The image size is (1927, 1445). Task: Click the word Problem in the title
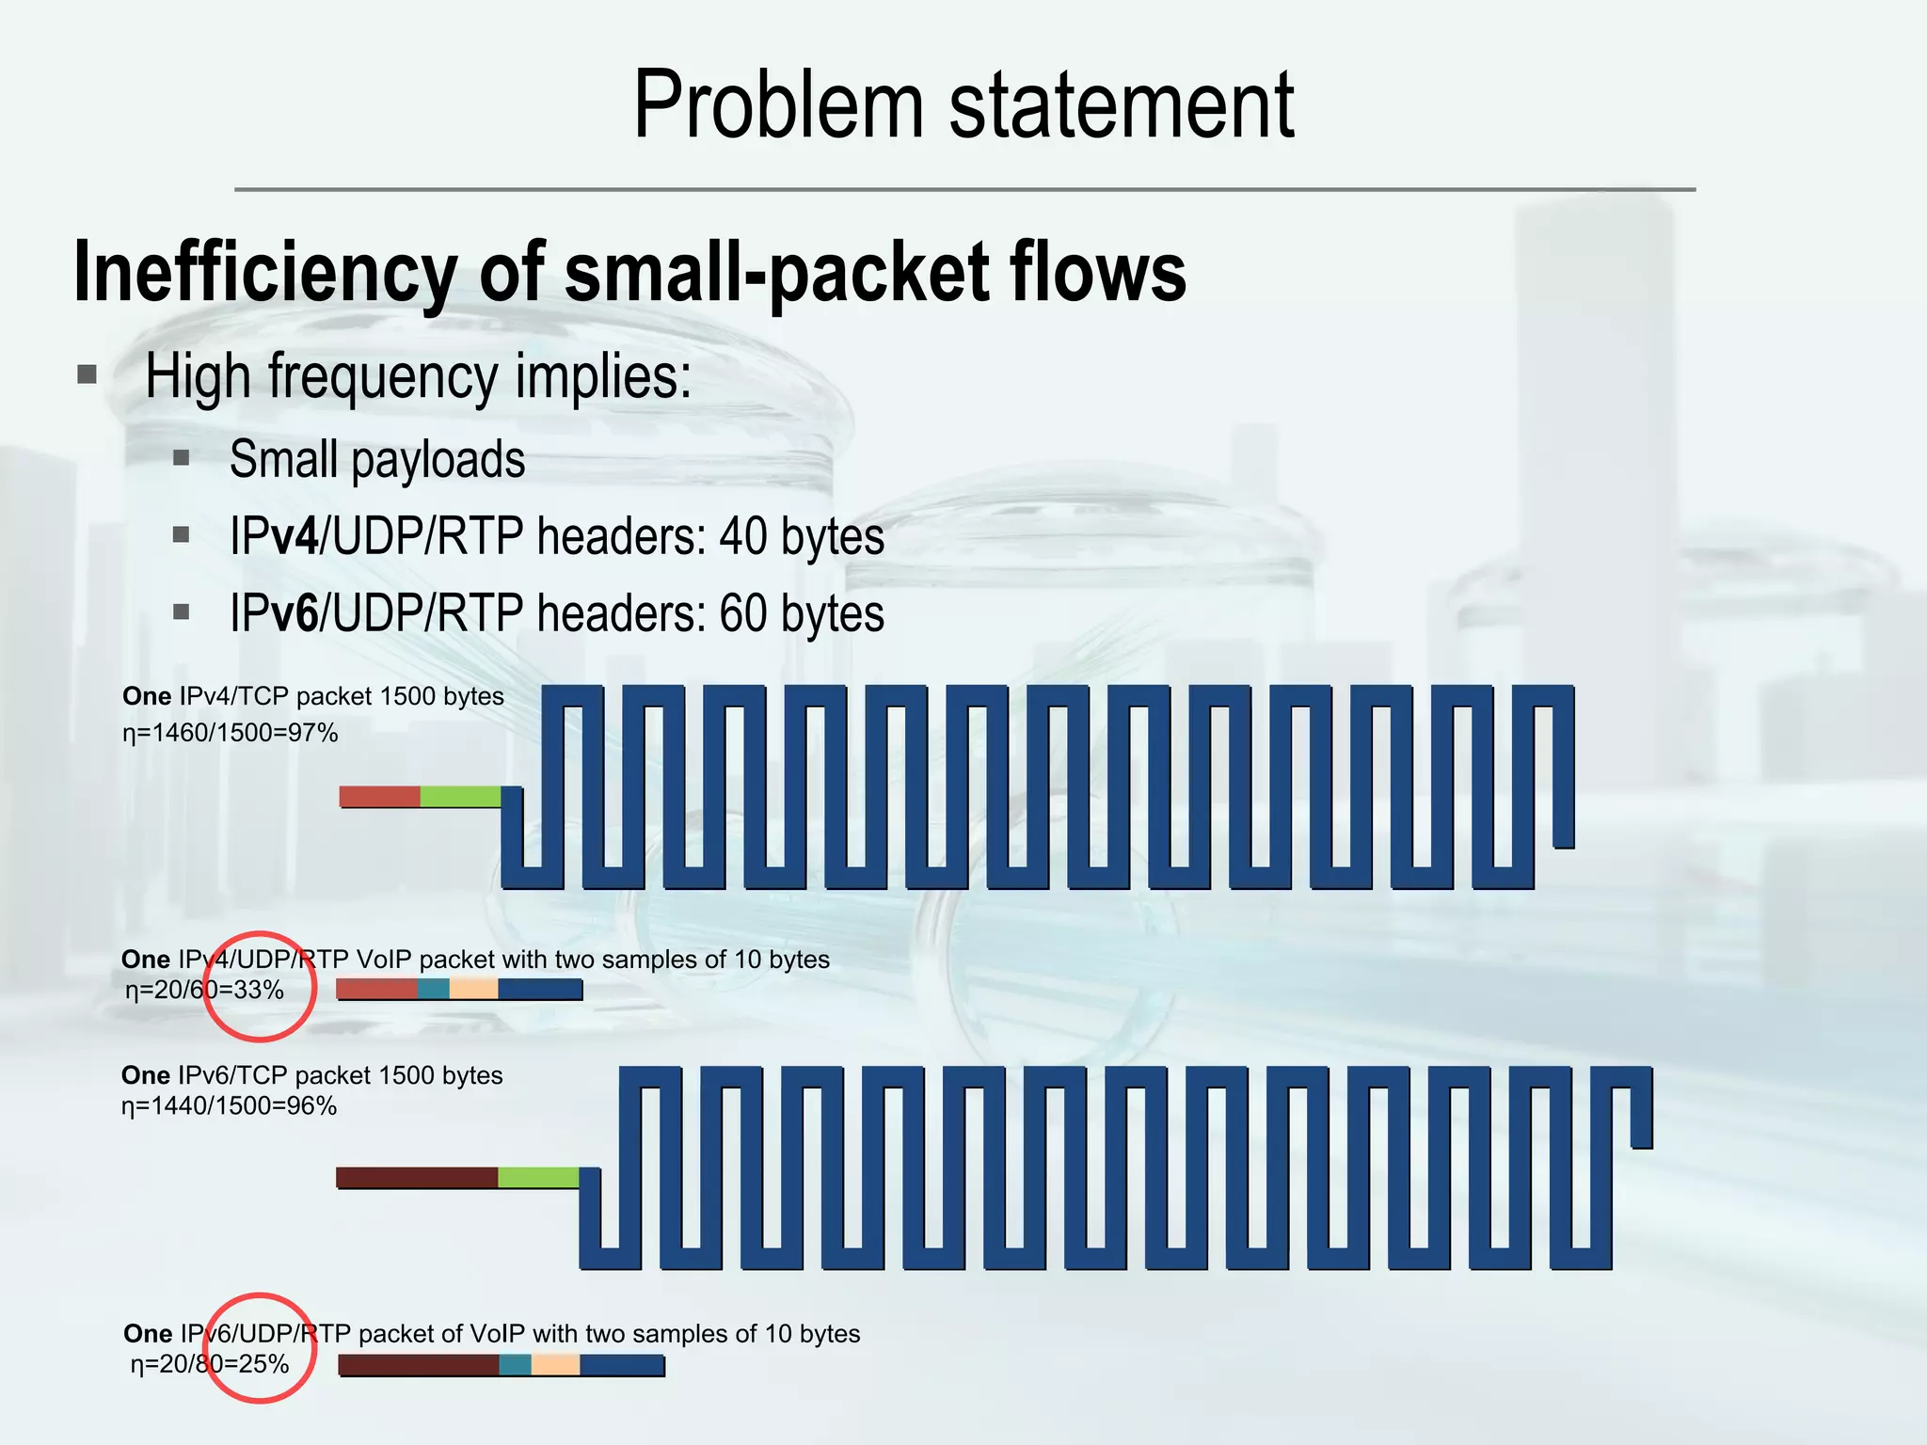[x=779, y=105]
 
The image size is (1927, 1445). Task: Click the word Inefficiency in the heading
[x=264, y=272]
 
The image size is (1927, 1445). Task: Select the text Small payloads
[x=376, y=460]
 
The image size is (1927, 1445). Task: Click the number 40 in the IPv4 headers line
[x=742, y=537]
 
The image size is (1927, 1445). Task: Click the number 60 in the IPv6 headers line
[x=742, y=614]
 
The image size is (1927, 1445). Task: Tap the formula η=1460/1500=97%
[x=230, y=733]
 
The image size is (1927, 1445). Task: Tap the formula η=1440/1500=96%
[x=229, y=1106]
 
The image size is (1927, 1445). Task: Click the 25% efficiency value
[x=263, y=1364]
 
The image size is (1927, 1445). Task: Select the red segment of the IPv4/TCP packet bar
[x=379, y=797]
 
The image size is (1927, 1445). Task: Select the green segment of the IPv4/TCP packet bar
[x=459, y=797]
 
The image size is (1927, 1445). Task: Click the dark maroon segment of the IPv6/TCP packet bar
[x=417, y=1177]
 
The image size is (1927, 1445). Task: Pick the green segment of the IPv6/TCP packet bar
[x=537, y=1177]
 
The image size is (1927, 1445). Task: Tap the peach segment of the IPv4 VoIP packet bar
[x=473, y=989]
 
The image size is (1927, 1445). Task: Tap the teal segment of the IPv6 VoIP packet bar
[x=515, y=1364]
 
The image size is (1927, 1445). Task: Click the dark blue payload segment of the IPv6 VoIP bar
[x=622, y=1364]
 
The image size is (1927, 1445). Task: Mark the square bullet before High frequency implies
[x=88, y=376]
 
